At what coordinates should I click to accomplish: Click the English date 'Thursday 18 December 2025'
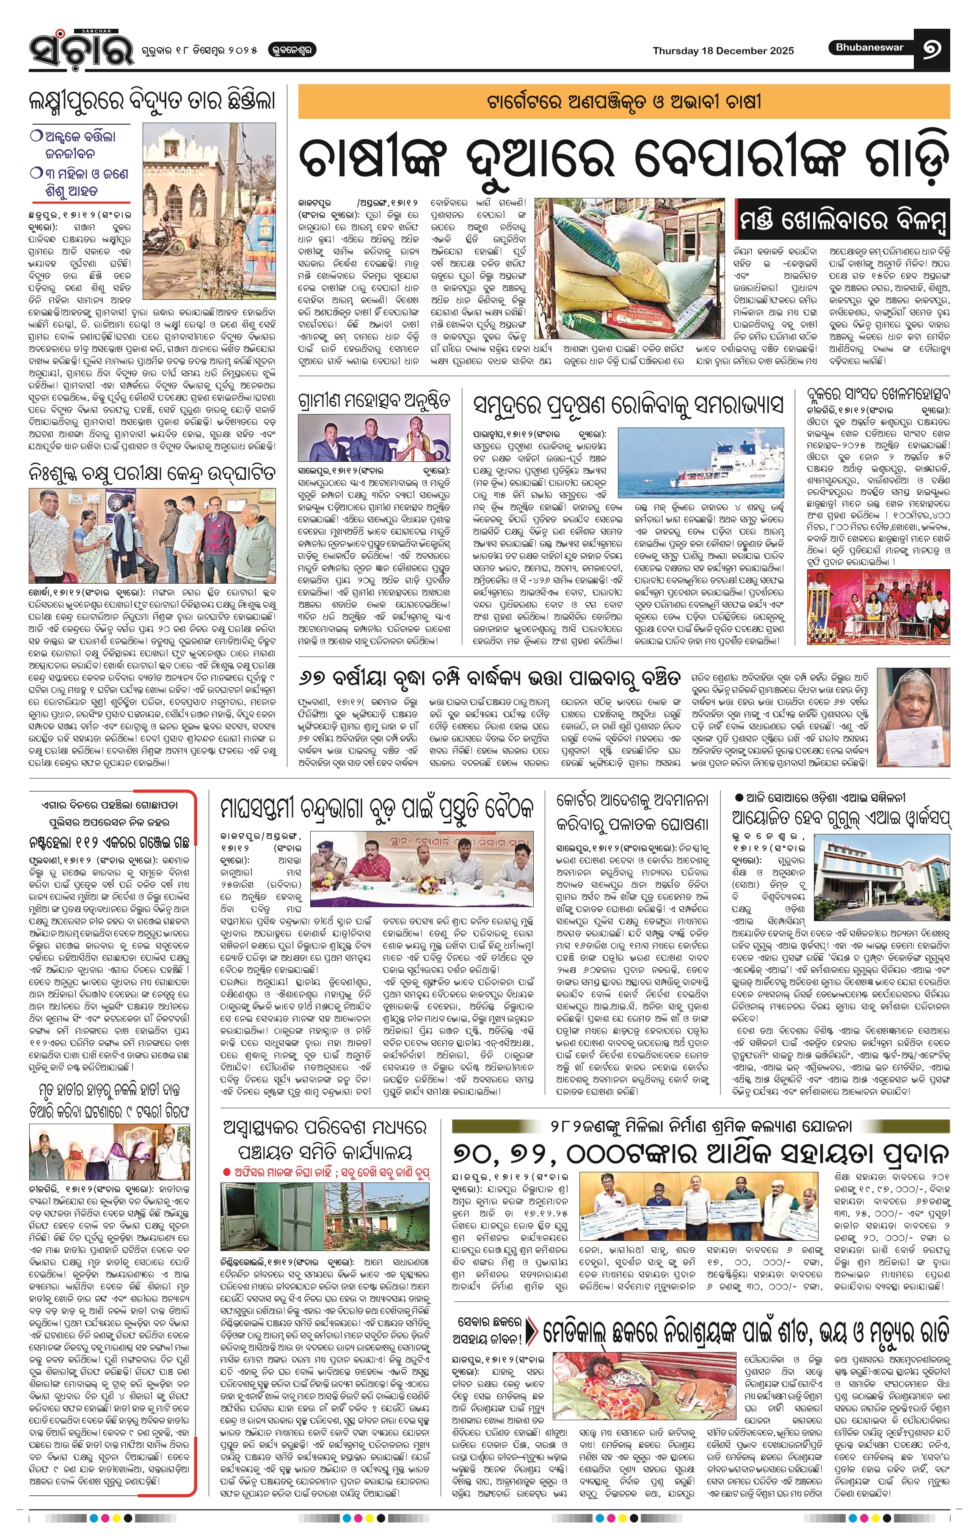tap(723, 50)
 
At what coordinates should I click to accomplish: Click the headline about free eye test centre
tap(153, 474)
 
